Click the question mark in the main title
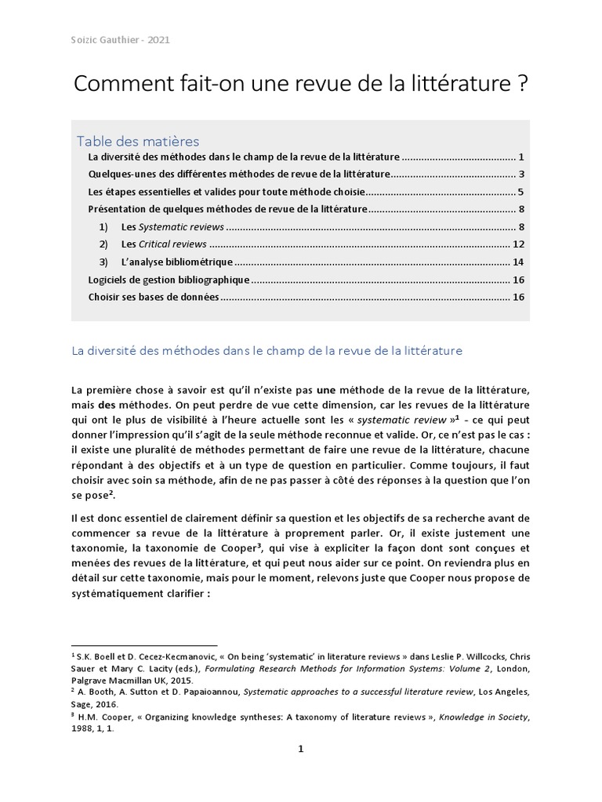521,85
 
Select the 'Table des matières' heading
138,141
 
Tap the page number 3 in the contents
520,174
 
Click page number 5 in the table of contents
520,191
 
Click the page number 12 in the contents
517,244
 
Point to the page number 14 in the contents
517,262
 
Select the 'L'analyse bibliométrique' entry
177,262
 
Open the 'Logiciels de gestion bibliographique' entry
169,280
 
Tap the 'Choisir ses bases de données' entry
154,297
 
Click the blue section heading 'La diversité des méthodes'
267,351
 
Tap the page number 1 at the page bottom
300,750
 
